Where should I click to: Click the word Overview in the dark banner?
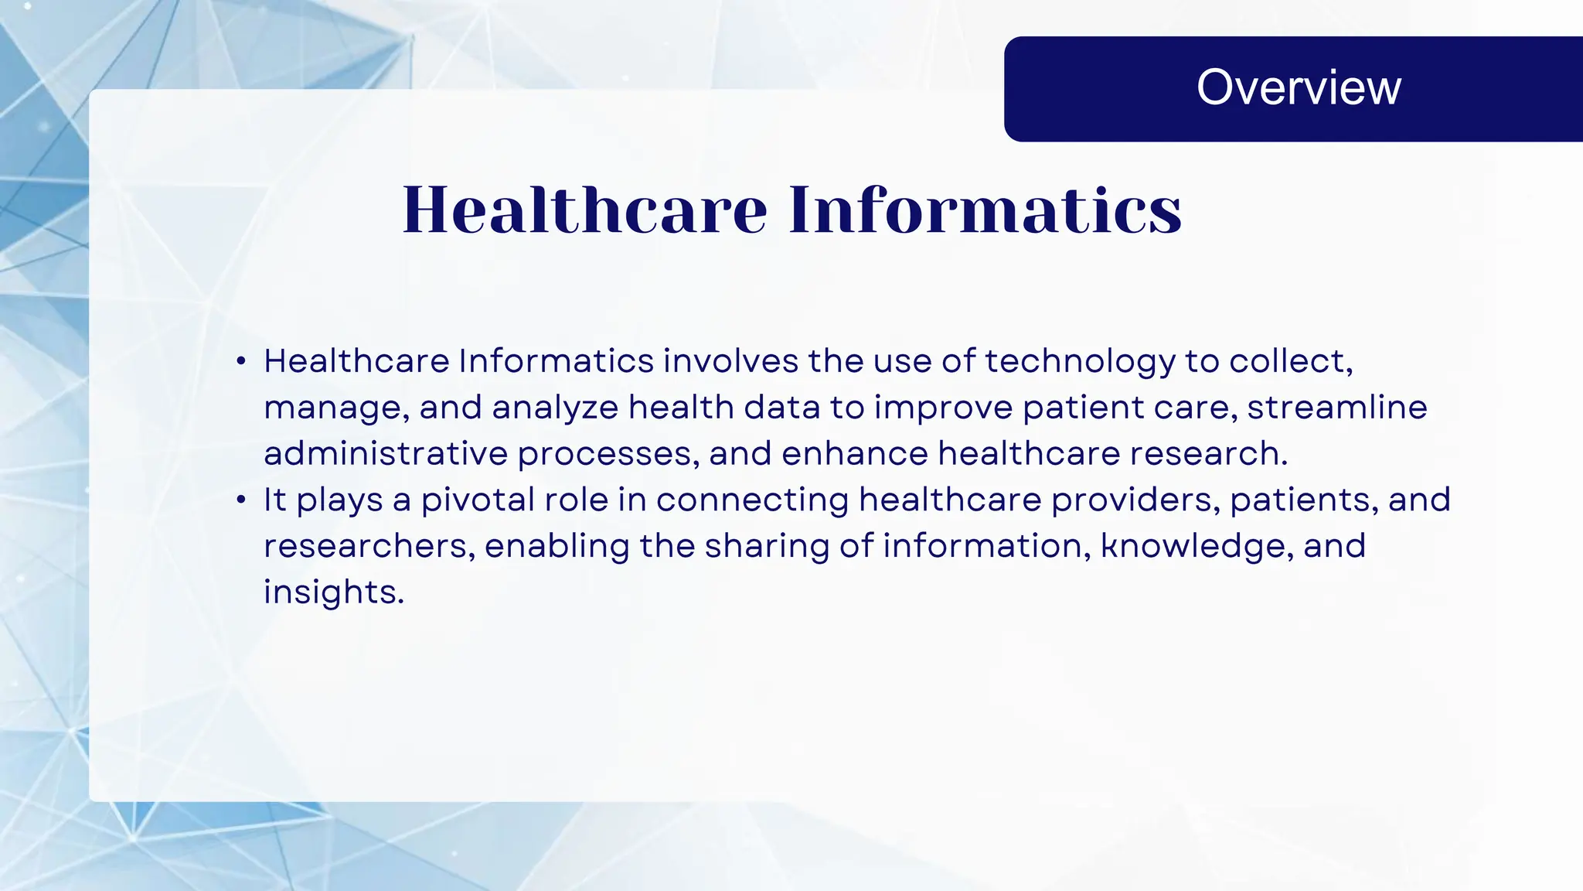coord(1299,87)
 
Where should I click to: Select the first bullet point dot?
coord(241,361)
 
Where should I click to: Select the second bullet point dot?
coord(241,500)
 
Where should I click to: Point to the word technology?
coord(1079,362)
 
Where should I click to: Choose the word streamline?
coord(1336,408)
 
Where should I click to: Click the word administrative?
coord(385,454)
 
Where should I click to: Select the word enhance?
coord(854,454)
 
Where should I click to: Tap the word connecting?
coord(752,500)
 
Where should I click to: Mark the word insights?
coord(333,592)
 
